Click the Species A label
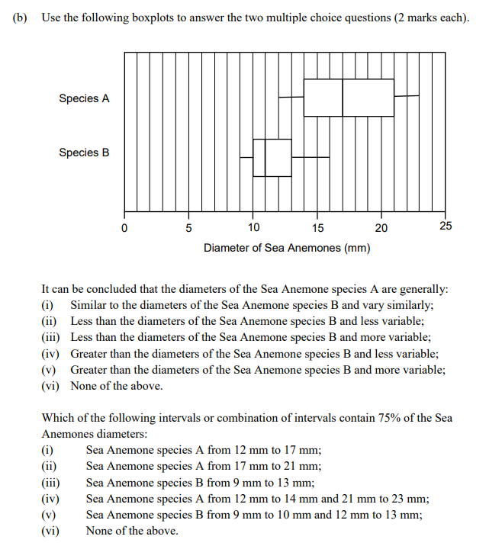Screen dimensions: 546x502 [x=84, y=98]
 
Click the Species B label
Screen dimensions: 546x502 [x=84, y=153]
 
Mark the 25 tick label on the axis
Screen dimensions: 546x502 [x=446, y=226]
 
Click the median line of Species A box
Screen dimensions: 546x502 [x=343, y=98]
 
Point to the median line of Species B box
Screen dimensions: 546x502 [x=265, y=158]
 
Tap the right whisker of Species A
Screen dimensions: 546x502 [x=407, y=96]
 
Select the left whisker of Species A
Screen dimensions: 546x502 [x=291, y=97]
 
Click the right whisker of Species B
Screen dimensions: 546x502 [x=311, y=157]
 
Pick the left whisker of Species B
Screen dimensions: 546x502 [x=246, y=157]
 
